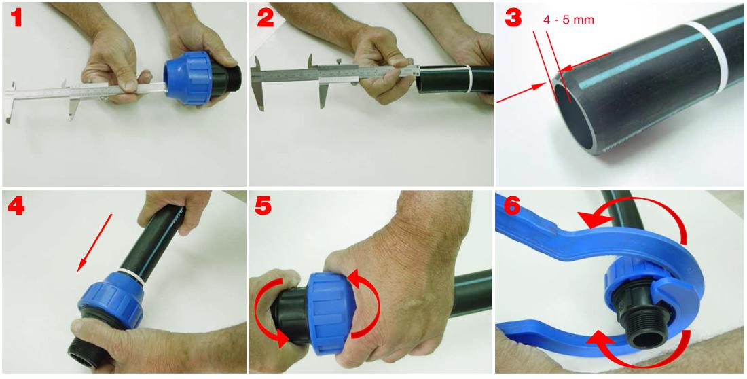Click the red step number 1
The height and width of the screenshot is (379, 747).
pyautogui.click(x=17, y=18)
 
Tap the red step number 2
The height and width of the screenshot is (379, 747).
pyautogui.click(x=265, y=18)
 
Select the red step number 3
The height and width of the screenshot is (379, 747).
pyautogui.click(x=513, y=18)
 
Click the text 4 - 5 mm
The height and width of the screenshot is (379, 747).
pyautogui.click(x=568, y=21)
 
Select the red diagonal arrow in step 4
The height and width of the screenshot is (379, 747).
pyautogui.click(x=94, y=243)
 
